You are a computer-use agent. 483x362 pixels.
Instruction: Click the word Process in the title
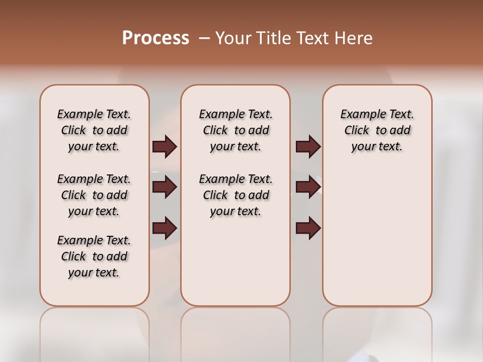(155, 38)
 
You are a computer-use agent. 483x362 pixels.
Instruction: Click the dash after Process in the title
(204, 39)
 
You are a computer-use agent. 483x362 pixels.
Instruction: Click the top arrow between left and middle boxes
(165, 146)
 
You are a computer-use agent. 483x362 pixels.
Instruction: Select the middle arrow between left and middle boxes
(165, 187)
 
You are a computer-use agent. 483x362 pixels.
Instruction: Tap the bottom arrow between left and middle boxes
(165, 228)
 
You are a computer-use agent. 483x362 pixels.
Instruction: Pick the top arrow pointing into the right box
(308, 146)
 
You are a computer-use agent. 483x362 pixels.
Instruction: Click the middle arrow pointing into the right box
(308, 187)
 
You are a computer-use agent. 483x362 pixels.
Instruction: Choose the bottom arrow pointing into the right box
(308, 228)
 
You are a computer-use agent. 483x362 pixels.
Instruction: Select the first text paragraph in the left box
(94, 130)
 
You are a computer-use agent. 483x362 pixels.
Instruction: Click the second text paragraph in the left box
(94, 195)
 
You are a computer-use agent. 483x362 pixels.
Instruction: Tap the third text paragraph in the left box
(94, 256)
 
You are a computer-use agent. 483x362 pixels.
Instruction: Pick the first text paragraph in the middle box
(235, 130)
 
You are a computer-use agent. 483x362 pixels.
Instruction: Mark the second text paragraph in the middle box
(235, 195)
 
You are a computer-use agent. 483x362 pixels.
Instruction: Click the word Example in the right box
(358, 115)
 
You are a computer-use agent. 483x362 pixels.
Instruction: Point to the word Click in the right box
(357, 131)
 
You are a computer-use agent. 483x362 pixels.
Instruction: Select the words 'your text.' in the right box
(377, 147)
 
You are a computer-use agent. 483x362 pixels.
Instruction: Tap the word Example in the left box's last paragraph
(75, 241)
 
